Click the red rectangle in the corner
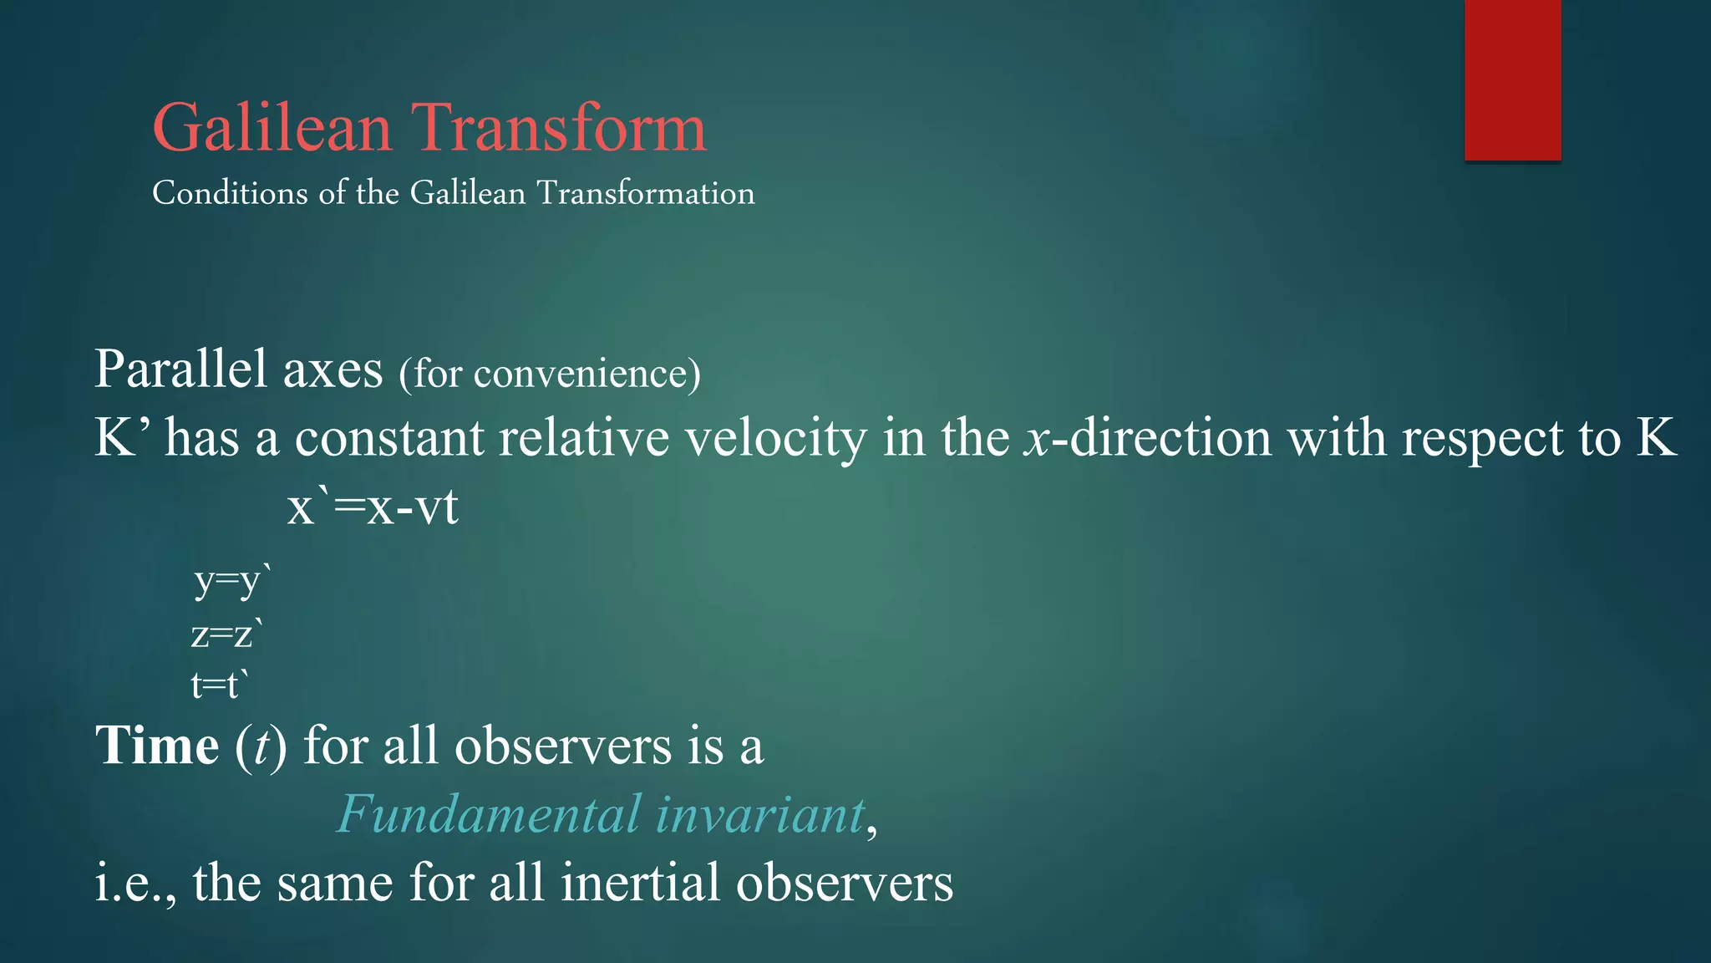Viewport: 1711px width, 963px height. coord(1512,79)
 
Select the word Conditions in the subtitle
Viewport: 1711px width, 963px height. coord(230,193)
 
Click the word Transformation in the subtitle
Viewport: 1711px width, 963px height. coord(645,193)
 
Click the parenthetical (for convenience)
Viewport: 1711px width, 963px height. coord(549,373)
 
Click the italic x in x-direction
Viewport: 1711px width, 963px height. coord(1036,440)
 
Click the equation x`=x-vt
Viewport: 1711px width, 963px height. coord(373,507)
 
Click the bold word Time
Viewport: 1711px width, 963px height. coord(157,745)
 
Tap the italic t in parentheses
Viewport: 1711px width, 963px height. coord(261,746)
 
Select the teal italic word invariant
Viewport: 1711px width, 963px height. coord(759,814)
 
